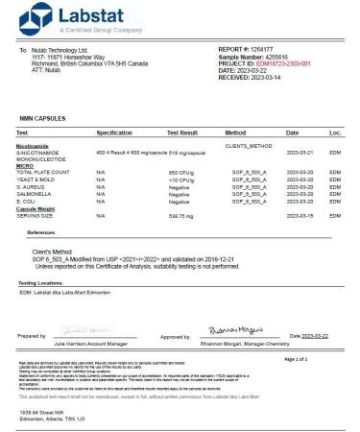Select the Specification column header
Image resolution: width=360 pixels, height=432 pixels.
pos(114,132)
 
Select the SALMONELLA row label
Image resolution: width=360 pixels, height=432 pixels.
pos(35,194)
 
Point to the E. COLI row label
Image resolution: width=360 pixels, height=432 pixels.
pos(27,202)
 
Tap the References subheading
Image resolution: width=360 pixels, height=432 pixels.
pos(41,233)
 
